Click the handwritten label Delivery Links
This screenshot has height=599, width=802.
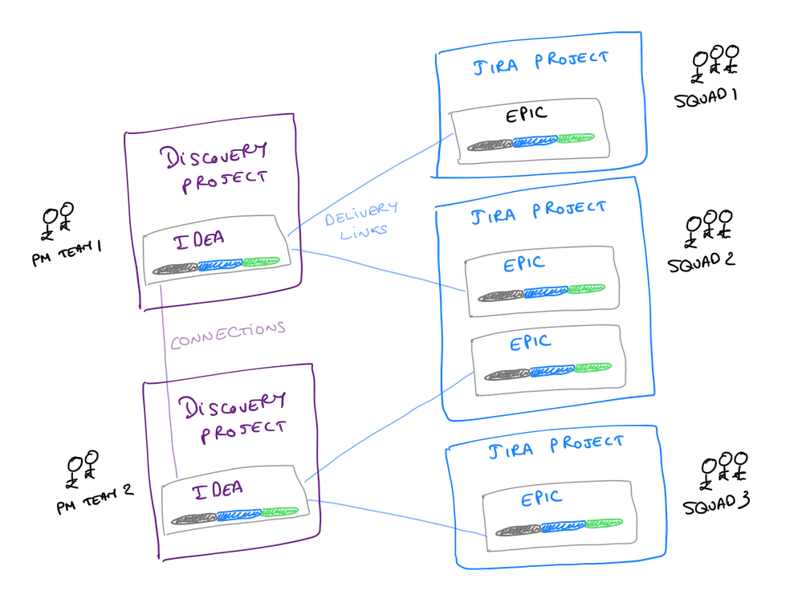(361, 218)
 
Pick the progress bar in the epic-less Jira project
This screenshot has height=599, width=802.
(531, 143)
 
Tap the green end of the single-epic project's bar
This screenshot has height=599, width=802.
(605, 524)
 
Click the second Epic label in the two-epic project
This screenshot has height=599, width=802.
(531, 344)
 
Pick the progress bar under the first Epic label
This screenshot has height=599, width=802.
(541, 293)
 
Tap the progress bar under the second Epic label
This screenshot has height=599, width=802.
(548, 371)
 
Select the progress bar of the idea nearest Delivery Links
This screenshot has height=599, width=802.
(217, 265)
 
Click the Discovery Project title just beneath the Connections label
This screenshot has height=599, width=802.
(233, 415)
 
